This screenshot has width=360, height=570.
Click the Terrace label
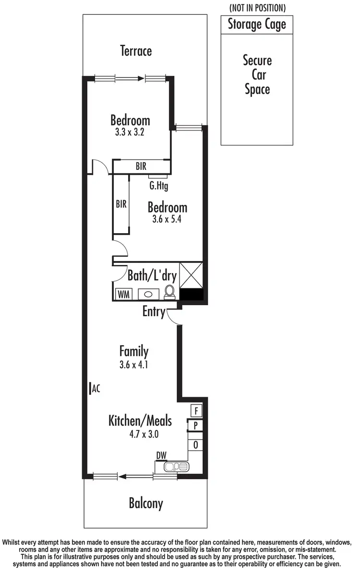click(x=136, y=51)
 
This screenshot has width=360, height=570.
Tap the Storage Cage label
click(x=256, y=24)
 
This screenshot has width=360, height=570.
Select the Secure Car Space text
click(x=257, y=75)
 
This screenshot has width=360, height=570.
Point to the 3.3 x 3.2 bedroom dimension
click(x=130, y=132)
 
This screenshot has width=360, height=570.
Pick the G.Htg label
click(x=158, y=185)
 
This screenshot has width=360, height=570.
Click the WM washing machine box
click(x=123, y=293)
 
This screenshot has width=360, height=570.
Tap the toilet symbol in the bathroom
click(x=169, y=292)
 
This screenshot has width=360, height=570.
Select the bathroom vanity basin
click(x=149, y=294)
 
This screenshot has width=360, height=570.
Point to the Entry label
click(x=153, y=312)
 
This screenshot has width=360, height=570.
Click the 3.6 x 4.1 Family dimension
click(x=134, y=364)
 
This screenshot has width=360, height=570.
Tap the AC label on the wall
click(x=96, y=389)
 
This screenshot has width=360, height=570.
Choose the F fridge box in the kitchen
click(x=196, y=411)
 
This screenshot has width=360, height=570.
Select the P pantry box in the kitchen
click(x=196, y=426)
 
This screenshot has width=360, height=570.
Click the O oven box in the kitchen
click(x=196, y=445)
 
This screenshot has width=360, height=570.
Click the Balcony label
click(x=146, y=503)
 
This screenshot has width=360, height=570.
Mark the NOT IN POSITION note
click(x=257, y=8)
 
